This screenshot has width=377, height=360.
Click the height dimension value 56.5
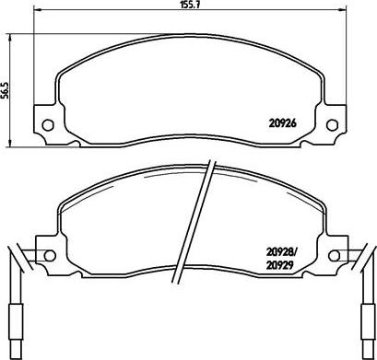(x=5, y=90)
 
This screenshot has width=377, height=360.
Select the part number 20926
(x=282, y=123)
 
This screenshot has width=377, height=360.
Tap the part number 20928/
(x=282, y=253)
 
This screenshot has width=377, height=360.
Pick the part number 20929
(x=279, y=265)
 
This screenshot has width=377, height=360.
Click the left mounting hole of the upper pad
(x=48, y=125)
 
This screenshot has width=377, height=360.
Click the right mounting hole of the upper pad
(x=332, y=125)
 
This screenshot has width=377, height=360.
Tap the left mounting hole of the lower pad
(x=50, y=255)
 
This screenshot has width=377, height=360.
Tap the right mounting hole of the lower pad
(x=334, y=255)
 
